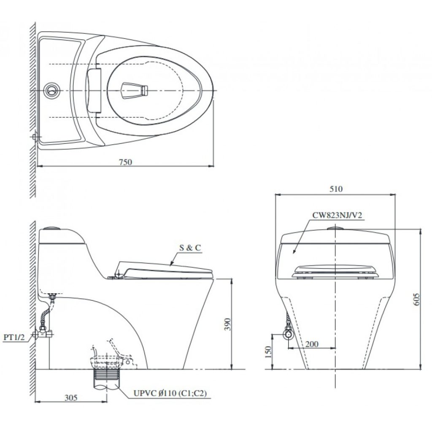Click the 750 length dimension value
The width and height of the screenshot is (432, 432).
pos(125,162)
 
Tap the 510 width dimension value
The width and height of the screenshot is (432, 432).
pos(336,189)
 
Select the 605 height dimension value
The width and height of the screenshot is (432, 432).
pos(417,299)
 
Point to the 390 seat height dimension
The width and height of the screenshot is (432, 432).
pos(227,324)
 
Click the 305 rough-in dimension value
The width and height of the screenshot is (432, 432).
pos(71,397)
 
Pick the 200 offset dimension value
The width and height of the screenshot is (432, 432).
pos(312,344)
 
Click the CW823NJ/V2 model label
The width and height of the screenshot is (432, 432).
pos(337,215)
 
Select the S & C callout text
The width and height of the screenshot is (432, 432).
pos(190,248)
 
